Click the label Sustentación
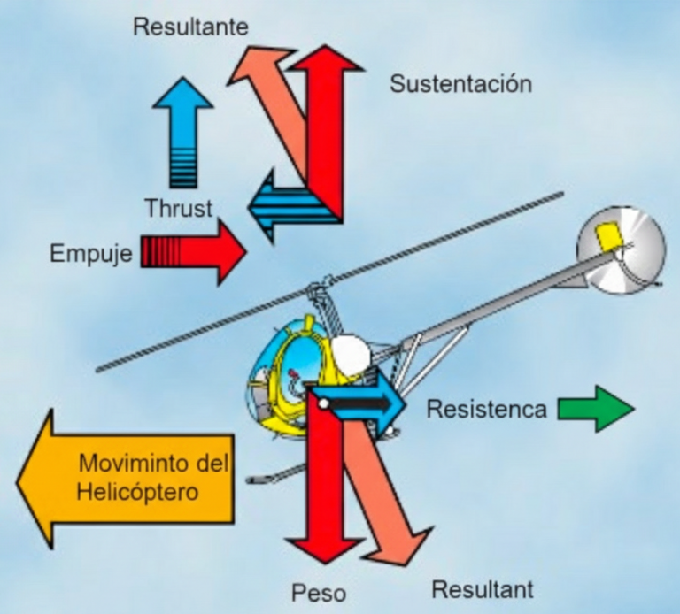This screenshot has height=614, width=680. click(x=460, y=85)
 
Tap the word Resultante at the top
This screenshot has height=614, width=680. click(x=190, y=27)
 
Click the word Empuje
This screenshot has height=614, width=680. click(x=91, y=254)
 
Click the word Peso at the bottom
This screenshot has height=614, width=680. click(x=319, y=592)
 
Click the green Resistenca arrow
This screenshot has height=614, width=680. click(x=596, y=409)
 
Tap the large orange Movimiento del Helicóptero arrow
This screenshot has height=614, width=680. click(x=124, y=478)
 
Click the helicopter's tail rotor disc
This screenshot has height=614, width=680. click(x=622, y=250)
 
